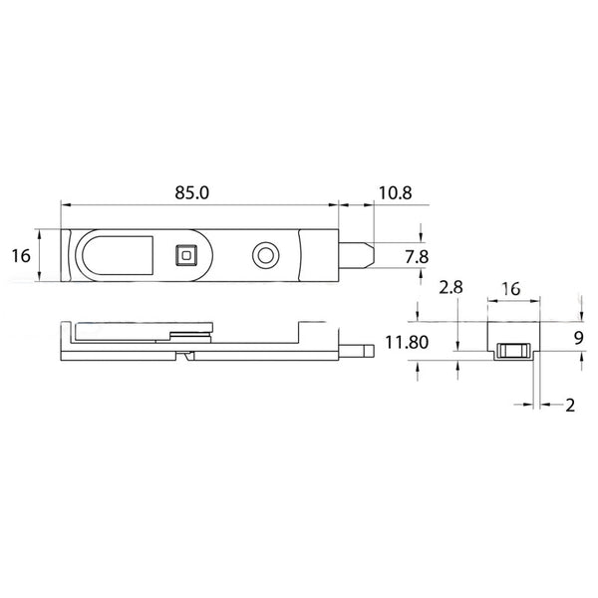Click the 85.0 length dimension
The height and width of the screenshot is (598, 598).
[x=191, y=192]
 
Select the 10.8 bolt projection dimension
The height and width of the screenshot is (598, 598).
[x=394, y=192]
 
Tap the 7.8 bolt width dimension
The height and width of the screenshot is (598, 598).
[x=417, y=256]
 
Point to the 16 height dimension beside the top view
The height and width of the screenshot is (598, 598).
[x=20, y=256]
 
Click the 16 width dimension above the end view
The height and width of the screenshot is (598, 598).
[x=510, y=288]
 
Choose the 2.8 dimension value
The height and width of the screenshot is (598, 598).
[x=450, y=288]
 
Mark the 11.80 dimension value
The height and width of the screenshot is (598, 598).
[x=403, y=344]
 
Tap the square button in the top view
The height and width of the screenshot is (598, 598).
[x=186, y=256]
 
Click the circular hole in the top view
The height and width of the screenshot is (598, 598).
[x=264, y=256]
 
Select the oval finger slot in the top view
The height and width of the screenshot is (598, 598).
[x=118, y=256]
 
